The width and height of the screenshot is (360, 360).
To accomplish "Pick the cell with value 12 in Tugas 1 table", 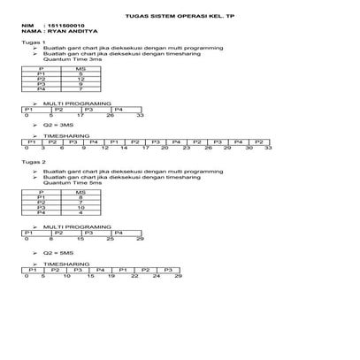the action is pyautogui.click(x=80, y=79).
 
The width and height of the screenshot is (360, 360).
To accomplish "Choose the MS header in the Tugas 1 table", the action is pyautogui.click(x=80, y=67).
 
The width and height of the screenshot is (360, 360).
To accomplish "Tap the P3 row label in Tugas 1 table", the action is pyautogui.click(x=42, y=84).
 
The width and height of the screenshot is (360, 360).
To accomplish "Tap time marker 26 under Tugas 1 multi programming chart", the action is pyautogui.click(x=110, y=115).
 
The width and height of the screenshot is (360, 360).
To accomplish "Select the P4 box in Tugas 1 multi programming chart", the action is pyautogui.click(x=119, y=109).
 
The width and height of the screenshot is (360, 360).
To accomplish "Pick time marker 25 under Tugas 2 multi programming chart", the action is pyautogui.click(x=110, y=238).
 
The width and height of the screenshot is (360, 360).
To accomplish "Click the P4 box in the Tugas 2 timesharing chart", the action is pyautogui.click(x=100, y=269).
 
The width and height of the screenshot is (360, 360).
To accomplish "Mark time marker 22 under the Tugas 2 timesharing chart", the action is pyautogui.click(x=134, y=276).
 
